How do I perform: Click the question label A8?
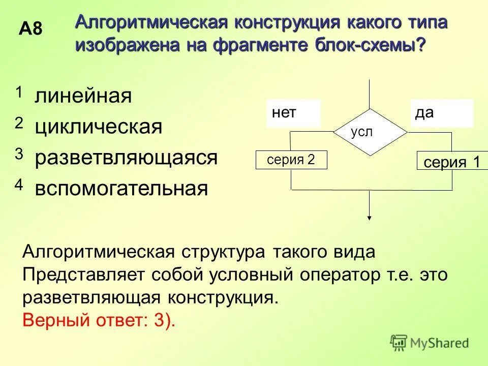pos(30,29)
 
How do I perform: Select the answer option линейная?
pos(83,96)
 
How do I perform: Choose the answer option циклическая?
pos(99,127)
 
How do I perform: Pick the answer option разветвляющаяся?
pos(126,158)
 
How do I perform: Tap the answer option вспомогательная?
pos(121,189)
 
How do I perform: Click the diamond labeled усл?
pos(370,132)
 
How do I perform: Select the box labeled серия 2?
pos(291,160)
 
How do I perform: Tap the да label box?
pos(442,113)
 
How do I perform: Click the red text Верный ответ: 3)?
pos(99,320)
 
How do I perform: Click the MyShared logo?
pos(430,343)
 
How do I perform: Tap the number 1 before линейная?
pos(19,93)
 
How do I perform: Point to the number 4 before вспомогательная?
pos(19,186)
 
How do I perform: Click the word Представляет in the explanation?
pos(84,275)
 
